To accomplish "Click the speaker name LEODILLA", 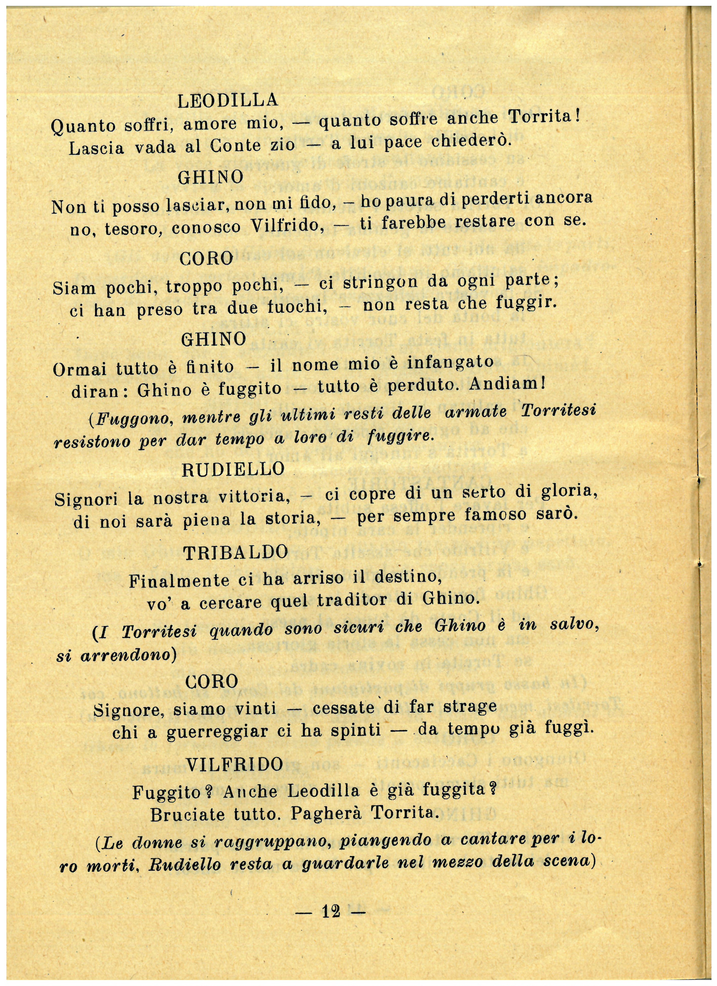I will point(227,101).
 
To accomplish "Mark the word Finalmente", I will point(179,581).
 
